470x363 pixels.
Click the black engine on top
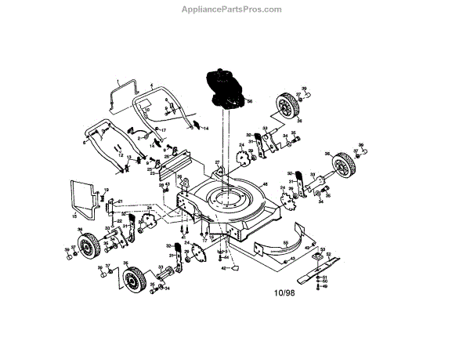tap(223, 87)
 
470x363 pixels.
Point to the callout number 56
tap(250, 103)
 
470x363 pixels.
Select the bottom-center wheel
tap(136, 278)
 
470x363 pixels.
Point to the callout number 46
tap(264, 185)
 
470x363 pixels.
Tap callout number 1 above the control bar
tap(118, 82)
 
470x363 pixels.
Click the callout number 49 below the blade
tap(325, 286)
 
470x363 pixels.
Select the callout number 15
tap(74, 216)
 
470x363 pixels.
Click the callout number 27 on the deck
tap(218, 163)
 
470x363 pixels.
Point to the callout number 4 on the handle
tap(151, 82)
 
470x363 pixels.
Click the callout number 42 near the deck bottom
tap(223, 268)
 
